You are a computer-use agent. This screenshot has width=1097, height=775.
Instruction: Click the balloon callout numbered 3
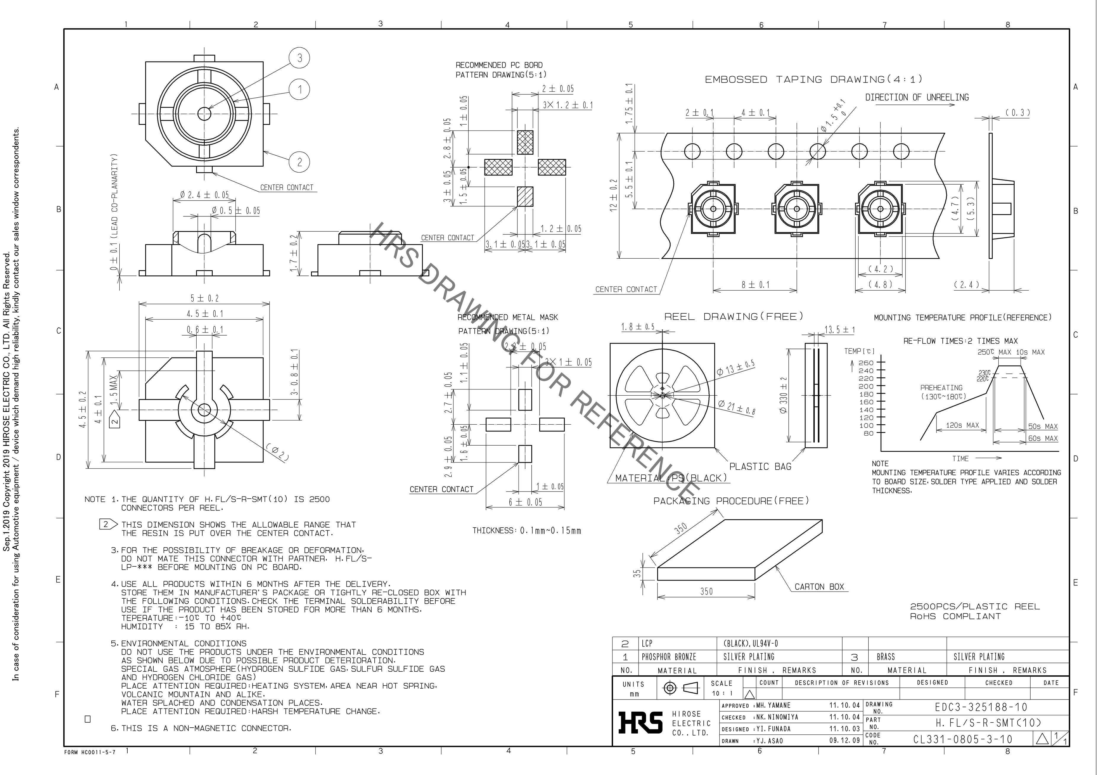tap(300, 58)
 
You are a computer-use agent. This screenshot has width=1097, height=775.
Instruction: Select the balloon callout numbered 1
tap(300, 89)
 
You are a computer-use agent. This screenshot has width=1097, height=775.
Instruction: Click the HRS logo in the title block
tap(640, 722)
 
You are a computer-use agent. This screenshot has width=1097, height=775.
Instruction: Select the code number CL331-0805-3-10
tap(963, 739)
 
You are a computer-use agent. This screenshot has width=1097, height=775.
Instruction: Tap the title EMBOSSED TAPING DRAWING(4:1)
tap(813, 79)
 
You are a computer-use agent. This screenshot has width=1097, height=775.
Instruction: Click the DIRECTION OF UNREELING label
tap(917, 97)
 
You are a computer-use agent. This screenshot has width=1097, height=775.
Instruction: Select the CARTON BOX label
tap(819, 587)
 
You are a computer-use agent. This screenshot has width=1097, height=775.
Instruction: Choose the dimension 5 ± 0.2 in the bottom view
tap(204, 298)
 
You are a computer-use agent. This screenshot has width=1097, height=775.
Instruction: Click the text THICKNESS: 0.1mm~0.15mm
tap(527, 531)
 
